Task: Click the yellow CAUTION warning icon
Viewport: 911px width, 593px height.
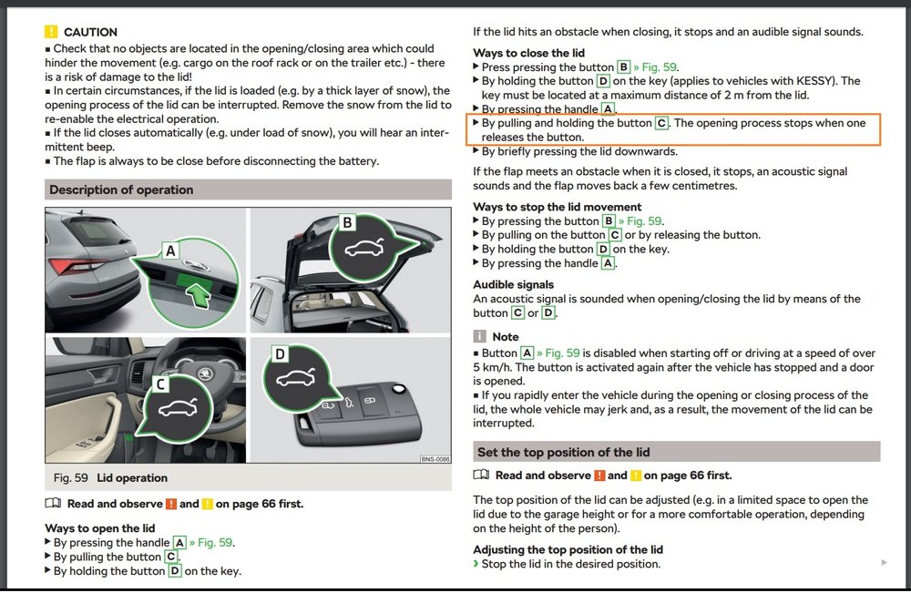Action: (51, 31)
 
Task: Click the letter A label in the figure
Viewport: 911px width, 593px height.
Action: (170, 250)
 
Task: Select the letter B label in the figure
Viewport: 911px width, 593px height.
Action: (347, 222)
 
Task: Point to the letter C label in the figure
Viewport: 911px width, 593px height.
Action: (161, 383)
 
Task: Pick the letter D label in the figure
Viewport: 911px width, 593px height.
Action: (280, 353)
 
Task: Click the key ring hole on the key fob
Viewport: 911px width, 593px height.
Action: (399, 389)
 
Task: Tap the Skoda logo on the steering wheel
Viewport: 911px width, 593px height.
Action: (204, 373)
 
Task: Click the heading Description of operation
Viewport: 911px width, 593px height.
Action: (121, 189)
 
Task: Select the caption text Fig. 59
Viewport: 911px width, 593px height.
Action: (71, 478)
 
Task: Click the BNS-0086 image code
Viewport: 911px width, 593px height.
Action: (435, 459)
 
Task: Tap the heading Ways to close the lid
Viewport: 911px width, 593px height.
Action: (528, 53)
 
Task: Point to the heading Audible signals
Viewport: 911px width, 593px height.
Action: (513, 284)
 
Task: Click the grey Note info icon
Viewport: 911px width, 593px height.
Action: (479, 336)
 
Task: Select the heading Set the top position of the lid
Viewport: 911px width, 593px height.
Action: (564, 452)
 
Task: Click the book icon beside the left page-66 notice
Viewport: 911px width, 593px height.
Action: (53, 503)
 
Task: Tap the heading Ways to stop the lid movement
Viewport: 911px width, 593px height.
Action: (558, 207)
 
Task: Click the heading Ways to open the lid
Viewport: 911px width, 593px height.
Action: (100, 528)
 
